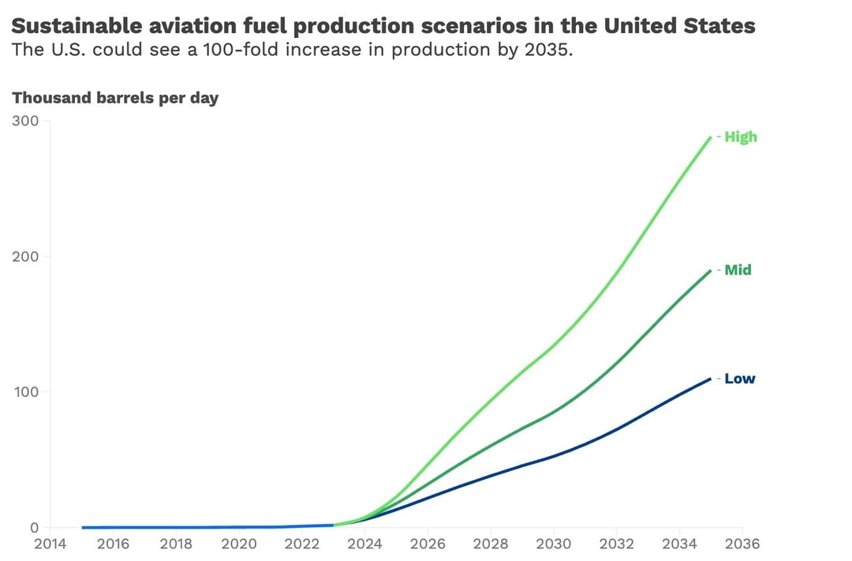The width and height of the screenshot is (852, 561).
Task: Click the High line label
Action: (740, 137)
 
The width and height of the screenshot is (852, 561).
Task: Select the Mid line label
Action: (738, 270)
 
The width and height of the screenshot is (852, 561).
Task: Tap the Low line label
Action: (739, 379)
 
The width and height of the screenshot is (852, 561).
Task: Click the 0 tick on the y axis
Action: (34, 528)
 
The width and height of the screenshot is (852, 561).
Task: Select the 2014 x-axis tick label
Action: (50, 544)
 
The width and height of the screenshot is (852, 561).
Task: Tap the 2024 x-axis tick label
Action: (364, 544)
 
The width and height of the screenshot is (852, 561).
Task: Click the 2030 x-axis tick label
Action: (553, 544)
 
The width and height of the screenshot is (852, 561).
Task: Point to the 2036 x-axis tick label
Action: (742, 544)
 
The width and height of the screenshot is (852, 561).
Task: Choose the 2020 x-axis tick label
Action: (238, 544)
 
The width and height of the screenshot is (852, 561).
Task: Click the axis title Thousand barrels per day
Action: (115, 99)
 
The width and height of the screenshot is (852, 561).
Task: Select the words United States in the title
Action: (680, 26)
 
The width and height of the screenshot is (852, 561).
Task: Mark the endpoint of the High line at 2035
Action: (711, 137)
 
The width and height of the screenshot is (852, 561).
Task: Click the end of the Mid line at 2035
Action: (711, 270)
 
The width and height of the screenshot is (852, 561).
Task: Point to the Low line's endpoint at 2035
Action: (711, 378)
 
